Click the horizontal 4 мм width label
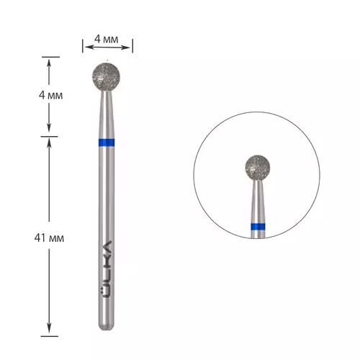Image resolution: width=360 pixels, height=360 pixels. (x=107, y=39)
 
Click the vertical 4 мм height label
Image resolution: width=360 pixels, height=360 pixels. (x=50, y=95)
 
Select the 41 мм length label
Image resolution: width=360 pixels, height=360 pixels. (x=49, y=238)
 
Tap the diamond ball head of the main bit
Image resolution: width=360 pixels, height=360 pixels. (x=106, y=77)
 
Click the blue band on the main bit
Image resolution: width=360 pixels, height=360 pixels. (x=107, y=143)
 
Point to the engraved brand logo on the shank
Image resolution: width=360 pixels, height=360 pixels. (x=107, y=269)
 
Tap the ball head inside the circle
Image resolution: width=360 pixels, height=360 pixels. (x=258, y=168)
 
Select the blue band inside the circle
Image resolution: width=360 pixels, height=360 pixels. (x=258, y=226)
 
